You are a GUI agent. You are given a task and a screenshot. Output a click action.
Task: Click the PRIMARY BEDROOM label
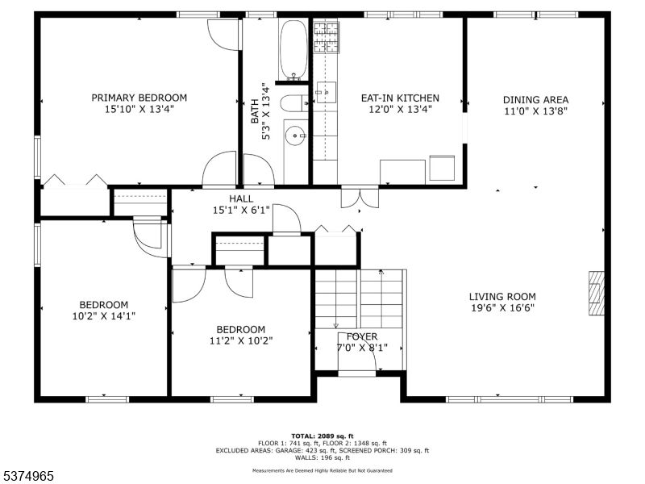click(x=139, y=98)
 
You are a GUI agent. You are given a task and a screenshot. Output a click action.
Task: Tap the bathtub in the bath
click(x=293, y=49)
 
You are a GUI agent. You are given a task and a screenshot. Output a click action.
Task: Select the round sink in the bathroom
click(x=295, y=136)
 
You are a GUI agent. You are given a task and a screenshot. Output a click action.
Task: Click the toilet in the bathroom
click(x=293, y=102)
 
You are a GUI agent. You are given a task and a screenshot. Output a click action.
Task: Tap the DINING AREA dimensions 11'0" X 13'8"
click(x=536, y=112)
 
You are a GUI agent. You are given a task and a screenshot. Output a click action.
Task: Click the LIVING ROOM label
click(x=503, y=296)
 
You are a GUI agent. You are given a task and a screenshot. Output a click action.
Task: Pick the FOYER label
click(x=362, y=336)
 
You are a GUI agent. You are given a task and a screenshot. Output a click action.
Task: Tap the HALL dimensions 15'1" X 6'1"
click(x=241, y=210)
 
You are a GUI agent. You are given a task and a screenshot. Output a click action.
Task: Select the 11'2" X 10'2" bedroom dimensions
click(x=240, y=340)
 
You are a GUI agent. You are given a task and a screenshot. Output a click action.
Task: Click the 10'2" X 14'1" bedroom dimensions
click(x=103, y=315)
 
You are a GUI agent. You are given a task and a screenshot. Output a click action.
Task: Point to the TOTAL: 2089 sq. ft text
click(x=322, y=436)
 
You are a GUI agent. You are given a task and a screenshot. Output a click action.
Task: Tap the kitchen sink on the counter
click(x=325, y=92)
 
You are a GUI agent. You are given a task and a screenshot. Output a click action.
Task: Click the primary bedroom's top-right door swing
click(x=223, y=34)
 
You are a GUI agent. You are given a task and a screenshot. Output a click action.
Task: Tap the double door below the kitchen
click(x=360, y=197)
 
